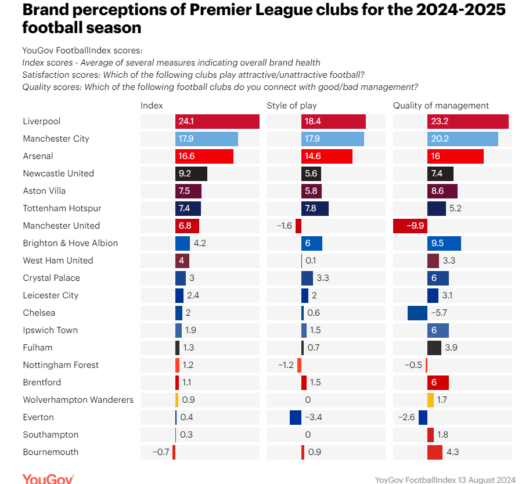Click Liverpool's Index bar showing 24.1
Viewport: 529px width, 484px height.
coord(217,121)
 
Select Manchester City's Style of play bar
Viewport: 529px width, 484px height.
coord(333,139)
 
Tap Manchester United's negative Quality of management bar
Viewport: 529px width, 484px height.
coord(410,226)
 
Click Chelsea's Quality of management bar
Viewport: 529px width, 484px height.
coord(418,313)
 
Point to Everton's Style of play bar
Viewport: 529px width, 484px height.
coord(296,417)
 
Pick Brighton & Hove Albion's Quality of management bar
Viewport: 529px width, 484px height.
coord(444,243)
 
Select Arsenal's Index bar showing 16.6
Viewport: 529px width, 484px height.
coord(204,156)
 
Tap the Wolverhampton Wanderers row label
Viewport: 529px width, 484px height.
coord(78,400)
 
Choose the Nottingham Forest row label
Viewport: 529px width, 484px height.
coord(61,365)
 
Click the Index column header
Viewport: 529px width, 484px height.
coord(152,106)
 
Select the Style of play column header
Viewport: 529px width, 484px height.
coord(292,106)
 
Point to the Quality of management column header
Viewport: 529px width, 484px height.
coord(441,106)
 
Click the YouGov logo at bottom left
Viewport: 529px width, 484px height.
coord(48,479)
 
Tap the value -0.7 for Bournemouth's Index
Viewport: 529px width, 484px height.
coord(160,452)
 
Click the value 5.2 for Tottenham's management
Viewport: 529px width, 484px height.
coord(456,208)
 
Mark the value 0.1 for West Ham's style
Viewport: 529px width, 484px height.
coord(311,261)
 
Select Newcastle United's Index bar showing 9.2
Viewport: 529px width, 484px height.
coord(191,174)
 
